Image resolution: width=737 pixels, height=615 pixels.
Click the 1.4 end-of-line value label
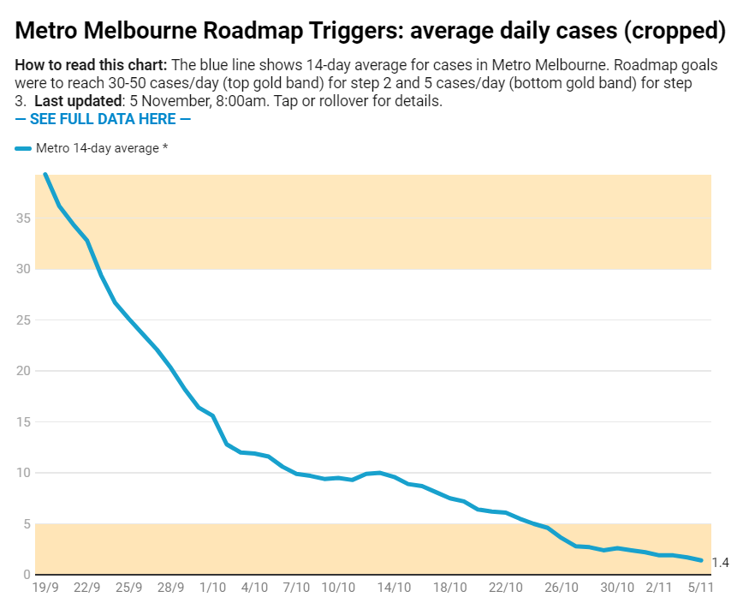[x=720, y=563]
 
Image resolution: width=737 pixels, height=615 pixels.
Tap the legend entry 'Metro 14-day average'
[x=101, y=148]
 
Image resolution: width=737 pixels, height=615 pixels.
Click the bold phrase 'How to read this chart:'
[x=91, y=66]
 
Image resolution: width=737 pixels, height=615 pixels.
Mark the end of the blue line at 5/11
[x=702, y=560]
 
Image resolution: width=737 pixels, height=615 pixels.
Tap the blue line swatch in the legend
[x=23, y=149]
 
